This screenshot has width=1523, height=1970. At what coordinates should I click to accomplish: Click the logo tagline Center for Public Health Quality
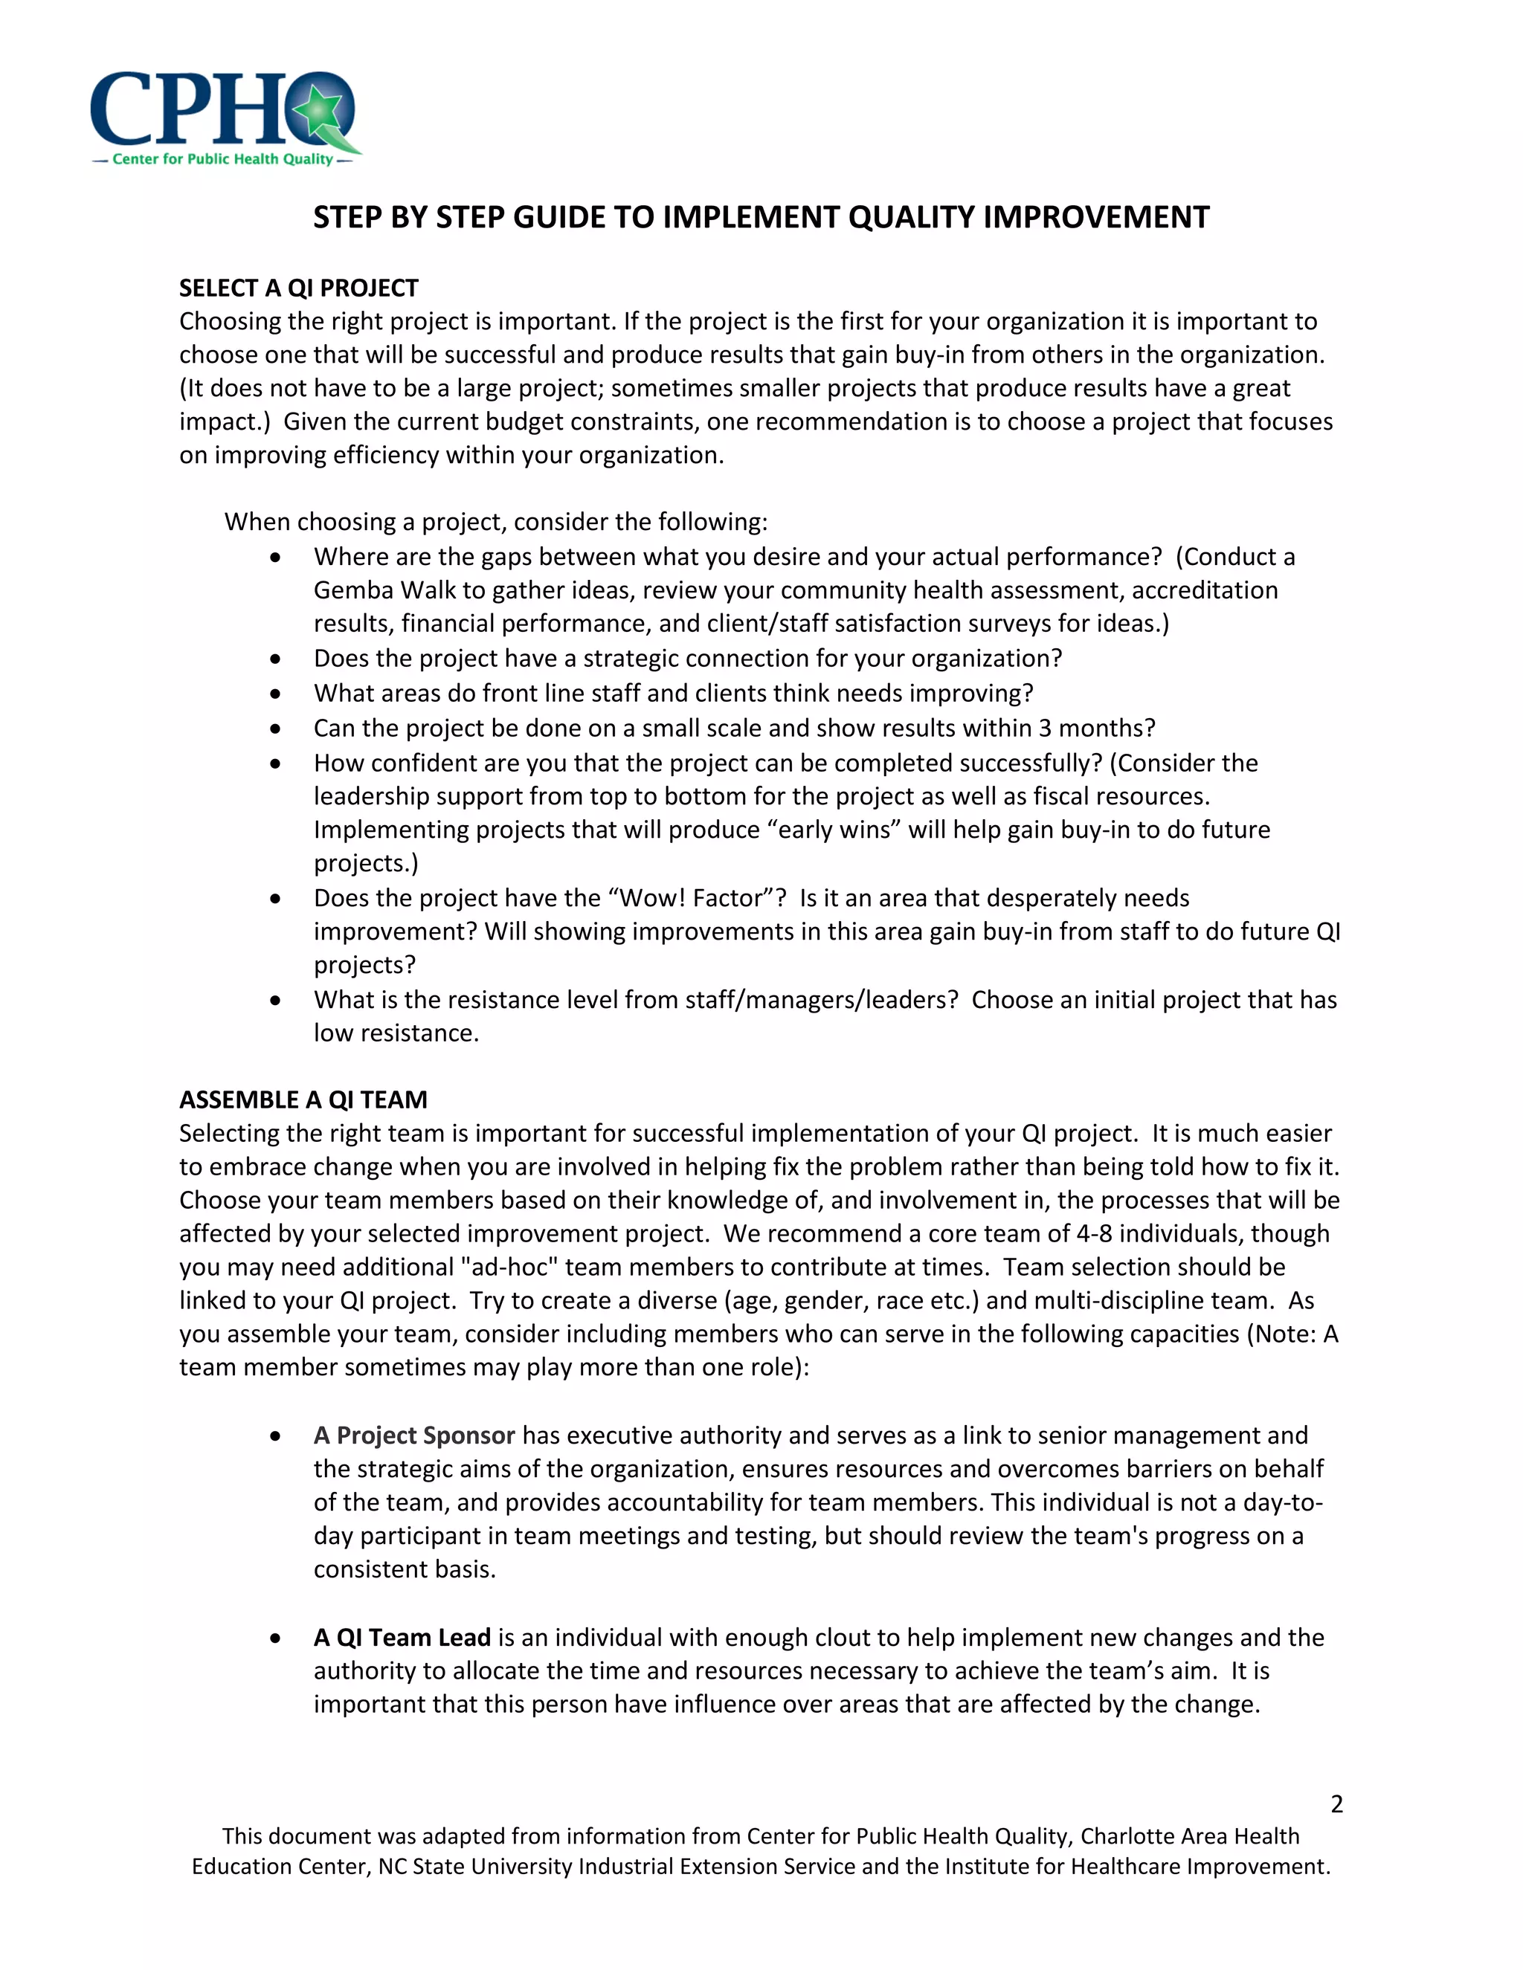tap(223, 159)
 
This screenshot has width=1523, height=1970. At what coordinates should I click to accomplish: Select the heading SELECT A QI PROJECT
tap(299, 288)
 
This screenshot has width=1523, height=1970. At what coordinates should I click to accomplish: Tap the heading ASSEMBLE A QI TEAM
tap(303, 1099)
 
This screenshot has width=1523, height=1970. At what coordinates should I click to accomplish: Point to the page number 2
tap(1336, 1804)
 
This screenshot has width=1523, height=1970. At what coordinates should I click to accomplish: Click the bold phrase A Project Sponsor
tap(414, 1435)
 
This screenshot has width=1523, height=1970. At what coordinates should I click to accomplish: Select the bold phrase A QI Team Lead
tap(402, 1637)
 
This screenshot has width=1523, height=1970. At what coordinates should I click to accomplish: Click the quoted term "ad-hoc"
tap(509, 1267)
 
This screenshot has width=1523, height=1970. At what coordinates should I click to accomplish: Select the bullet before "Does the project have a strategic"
tap(275, 659)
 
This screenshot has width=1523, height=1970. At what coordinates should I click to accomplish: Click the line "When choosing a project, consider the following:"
tap(495, 521)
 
